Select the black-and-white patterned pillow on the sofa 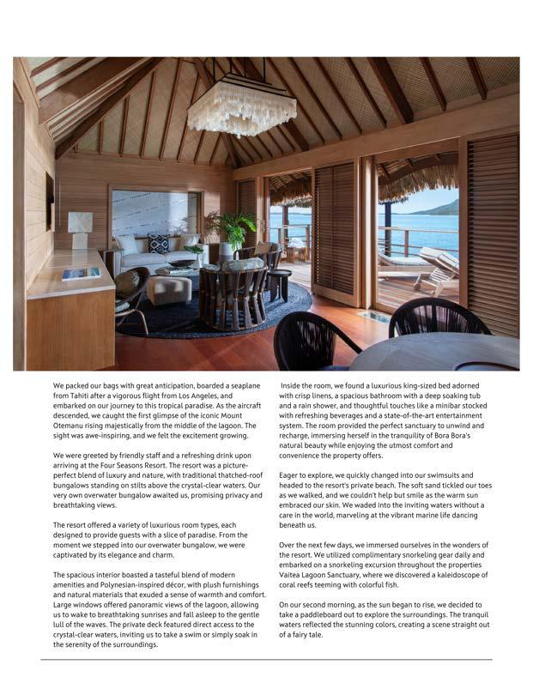[158, 242]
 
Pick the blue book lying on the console [80, 273]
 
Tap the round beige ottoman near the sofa [169, 289]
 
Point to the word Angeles [209, 397]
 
